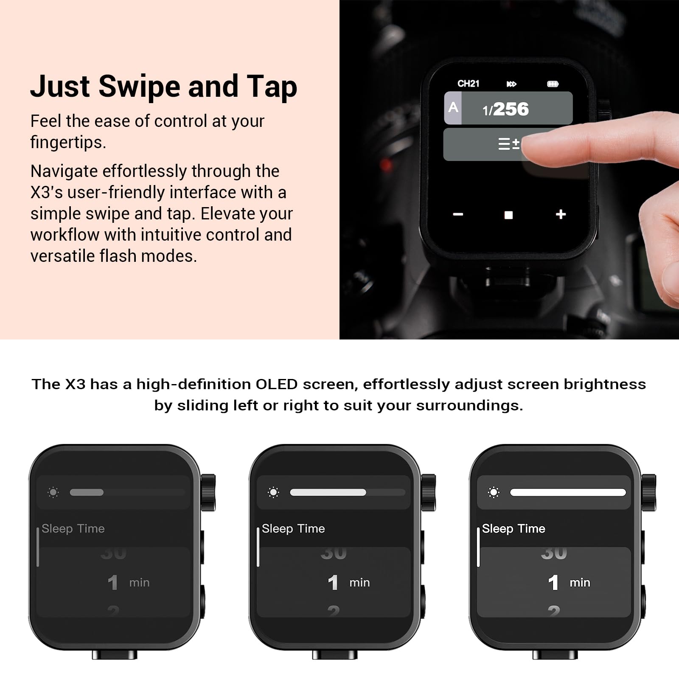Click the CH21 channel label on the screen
(x=468, y=84)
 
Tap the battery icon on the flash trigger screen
(x=553, y=84)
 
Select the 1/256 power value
(x=506, y=109)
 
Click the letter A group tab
(x=453, y=108)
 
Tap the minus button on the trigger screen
(x=458, y=214)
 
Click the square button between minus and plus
(x=508, y=215)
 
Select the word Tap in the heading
(x=272, y=87)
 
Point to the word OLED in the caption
(x=276, y=384)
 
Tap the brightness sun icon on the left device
(x=53, y=492)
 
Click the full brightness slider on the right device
(x=568, y=492)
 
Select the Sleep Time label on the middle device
(x=293, y=529)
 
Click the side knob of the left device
(x=208, y=492)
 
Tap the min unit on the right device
(x=580, y=583)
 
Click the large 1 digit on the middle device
(x=333, y=583)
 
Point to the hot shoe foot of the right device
(x=555, y=655)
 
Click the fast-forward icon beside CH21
(x=511, y=84)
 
